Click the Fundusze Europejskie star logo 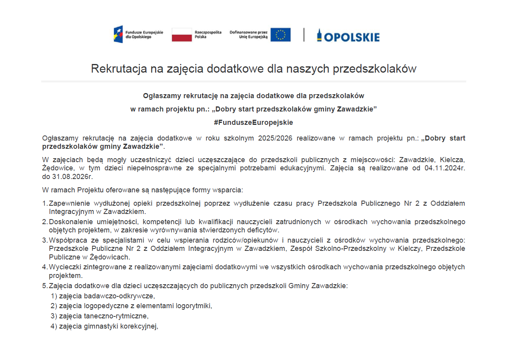click(x=118, y=34)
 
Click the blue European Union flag click(x=281, y=35)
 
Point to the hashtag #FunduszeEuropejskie click(x=254, y=122)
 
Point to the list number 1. click(x=44, y=203)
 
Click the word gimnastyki click(x=100, y=325)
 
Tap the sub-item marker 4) click(x=54, y=325)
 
